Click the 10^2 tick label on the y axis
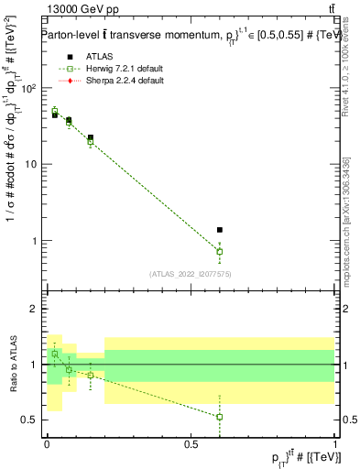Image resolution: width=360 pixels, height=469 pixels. [x=27, y=88]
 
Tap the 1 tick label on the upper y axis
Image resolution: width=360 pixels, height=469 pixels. [x=33, y=241]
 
